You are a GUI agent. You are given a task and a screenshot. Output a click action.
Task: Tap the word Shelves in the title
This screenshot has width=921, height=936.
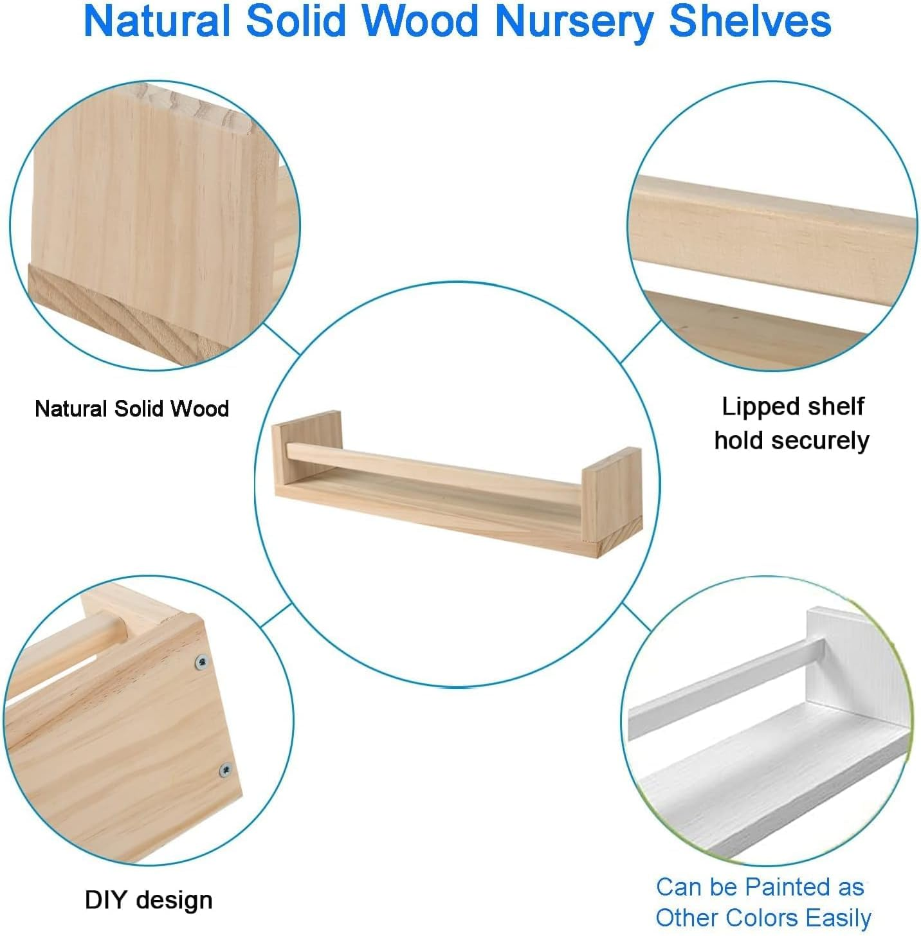(750, 21)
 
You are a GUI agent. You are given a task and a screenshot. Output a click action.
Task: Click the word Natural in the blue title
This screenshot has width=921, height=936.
(156, 21)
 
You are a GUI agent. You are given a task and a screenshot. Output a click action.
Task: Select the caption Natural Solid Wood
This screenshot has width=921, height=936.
(132, 409)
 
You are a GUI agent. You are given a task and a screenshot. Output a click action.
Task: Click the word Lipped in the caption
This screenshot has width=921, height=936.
(754, 407)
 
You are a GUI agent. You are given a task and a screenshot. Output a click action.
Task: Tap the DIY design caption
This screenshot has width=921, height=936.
(149, 899)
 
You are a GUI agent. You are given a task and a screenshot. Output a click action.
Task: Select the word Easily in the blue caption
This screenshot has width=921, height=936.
(839, 917)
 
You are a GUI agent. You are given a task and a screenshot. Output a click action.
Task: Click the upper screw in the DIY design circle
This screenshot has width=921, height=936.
(203, 661)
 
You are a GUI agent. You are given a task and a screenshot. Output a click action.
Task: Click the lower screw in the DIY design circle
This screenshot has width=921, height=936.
(226, 770)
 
